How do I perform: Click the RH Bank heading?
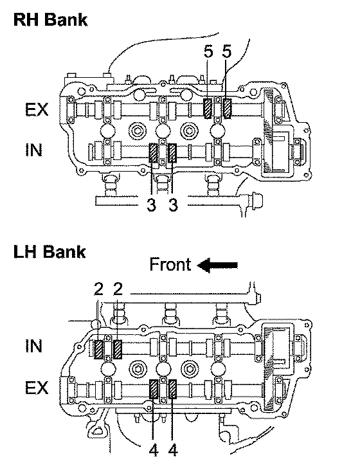(50, 20)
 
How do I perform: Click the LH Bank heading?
(50, 252)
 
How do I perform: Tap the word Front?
(170, 264)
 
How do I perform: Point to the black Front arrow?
(217, 265)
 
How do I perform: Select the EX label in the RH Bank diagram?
(37, 109)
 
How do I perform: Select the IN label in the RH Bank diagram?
(33, 150)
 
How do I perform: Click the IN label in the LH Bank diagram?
(33, 346)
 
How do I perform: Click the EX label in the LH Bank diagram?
(37, 388)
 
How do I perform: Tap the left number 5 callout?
(208, 52)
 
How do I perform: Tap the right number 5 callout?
(226, 52)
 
